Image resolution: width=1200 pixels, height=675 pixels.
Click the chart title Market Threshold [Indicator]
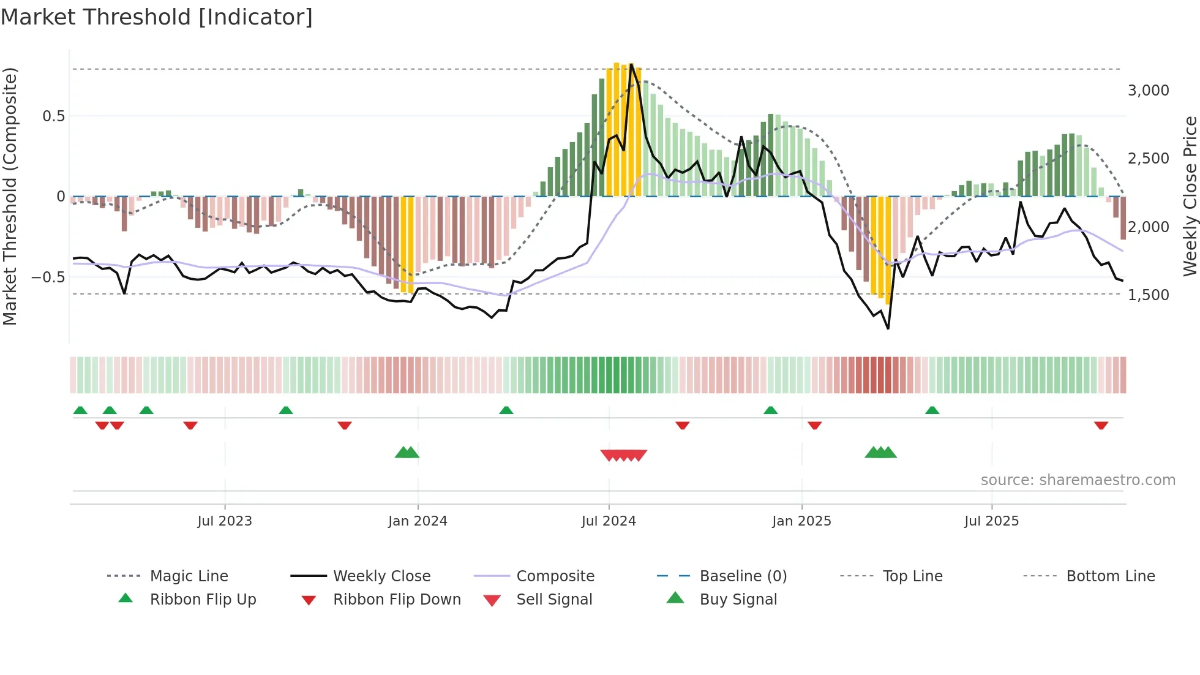tap(157, 17)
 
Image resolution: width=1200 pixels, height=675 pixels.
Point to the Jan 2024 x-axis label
tap(418, 521)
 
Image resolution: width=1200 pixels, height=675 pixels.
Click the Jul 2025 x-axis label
tap(991, 521)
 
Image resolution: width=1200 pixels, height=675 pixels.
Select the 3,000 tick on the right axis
tap(1148, 91)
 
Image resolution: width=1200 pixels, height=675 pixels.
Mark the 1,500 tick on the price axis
tap(1148, 295)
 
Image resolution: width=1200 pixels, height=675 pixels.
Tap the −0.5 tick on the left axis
tap(48, 277)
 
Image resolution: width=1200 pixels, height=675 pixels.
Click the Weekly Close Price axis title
tap(1190, 196)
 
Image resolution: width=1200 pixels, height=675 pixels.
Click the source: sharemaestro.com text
tap(1078, 480)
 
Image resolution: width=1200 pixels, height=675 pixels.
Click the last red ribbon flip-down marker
tap(1101, 425)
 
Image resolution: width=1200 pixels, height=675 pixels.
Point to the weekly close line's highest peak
tap(631, 65)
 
